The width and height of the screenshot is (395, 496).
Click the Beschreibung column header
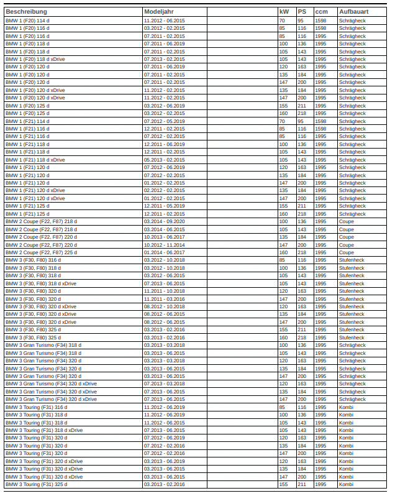click(x=26, y=12)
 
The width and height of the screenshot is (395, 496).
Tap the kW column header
click(x=283, y=12)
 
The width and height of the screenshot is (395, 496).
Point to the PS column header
click(x=301, y=12)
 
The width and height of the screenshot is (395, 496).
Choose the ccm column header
click(x=321, y=12)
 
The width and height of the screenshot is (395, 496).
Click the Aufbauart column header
click(x=353, y=12)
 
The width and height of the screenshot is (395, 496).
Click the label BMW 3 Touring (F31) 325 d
click(x=36, y=484)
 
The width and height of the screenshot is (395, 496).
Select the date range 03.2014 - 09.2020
click(x=164, y=221)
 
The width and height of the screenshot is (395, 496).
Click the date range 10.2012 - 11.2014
click(x=164, y=245)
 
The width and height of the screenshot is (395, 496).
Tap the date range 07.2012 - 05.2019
click(x=164, y=121)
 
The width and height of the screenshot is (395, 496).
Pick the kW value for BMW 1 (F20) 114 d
click(x=282, y=21)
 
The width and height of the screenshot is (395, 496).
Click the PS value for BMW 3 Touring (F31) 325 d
click(x=302, y=484)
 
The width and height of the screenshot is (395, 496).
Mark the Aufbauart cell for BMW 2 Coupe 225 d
click(x=347, y=252)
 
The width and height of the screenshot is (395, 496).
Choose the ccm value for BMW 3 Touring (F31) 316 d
click(x=320, y=407)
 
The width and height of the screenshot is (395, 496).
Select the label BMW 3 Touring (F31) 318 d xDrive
click(x=43, y=430)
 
